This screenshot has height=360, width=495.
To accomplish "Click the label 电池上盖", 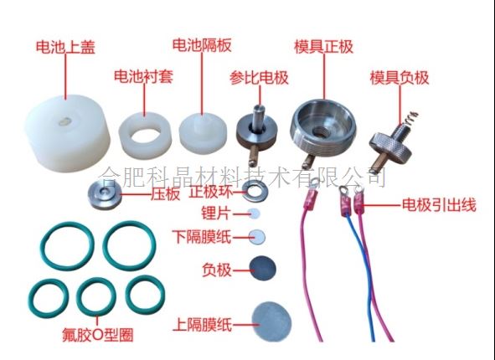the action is click(65, 47).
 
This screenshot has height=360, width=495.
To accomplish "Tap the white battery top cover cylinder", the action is click(68, 133).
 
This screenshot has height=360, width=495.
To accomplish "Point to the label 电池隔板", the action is click(202, 45).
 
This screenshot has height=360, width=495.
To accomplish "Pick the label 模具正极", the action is click(323, 47).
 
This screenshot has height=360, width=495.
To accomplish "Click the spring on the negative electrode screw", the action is click(409, 118).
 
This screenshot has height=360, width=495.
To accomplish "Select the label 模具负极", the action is click(400, 78).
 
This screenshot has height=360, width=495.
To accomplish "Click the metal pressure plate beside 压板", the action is click(105, 195).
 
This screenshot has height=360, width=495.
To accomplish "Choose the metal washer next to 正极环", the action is click(255, 192).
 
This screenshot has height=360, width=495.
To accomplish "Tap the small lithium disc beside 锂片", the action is click(254, 213).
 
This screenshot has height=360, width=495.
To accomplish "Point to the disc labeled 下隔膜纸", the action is click(256, 237).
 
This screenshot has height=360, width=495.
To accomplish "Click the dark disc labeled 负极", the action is click(263, 269).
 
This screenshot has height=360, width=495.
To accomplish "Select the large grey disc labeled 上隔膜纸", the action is click(271, 321).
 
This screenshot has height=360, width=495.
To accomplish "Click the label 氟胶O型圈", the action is click(97, 335).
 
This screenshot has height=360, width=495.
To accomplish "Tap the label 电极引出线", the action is click(439, 205).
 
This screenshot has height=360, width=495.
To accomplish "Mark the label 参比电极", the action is click(259, 78).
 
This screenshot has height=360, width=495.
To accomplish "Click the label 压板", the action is click(166, 194).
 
